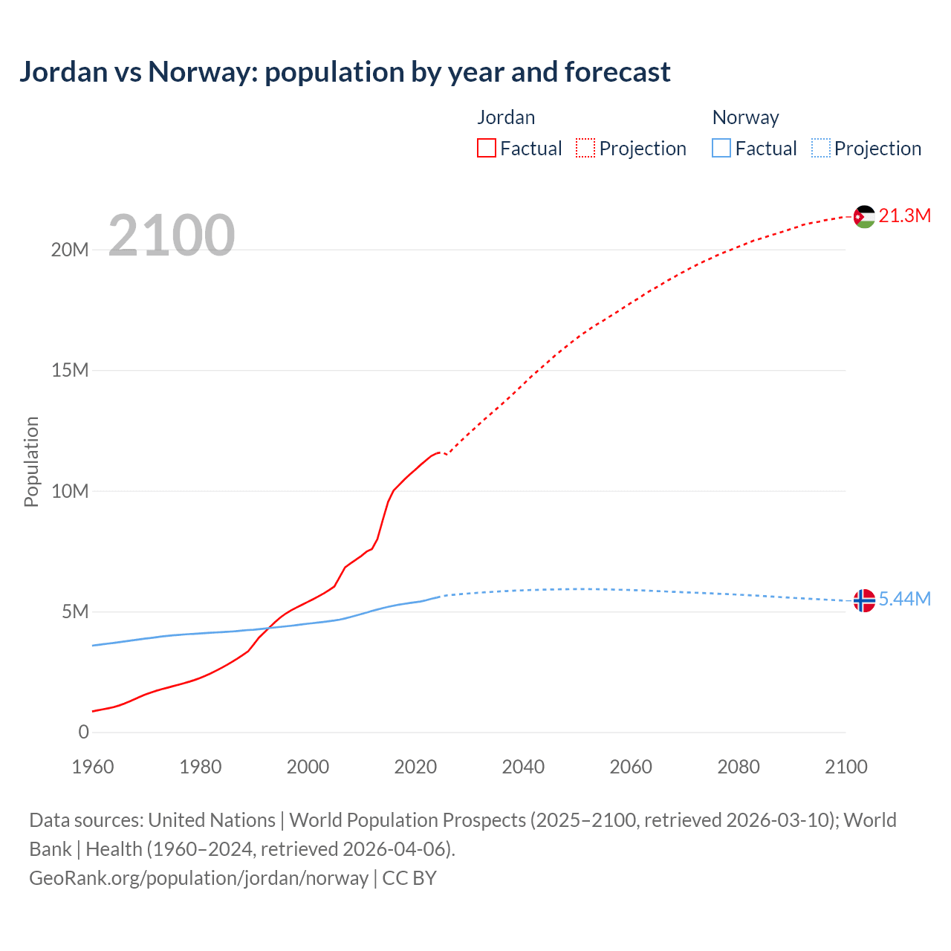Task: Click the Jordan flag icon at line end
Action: pos(864,216)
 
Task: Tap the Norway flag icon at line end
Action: pos(864,600)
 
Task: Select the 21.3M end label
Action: pos(904,216)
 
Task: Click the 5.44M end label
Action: pos(904,600)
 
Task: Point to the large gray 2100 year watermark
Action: pos(172,236)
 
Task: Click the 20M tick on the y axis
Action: pos(70,250)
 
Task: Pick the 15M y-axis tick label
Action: pos(70,370)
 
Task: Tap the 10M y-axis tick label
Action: pos(70,491)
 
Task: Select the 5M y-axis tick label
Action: pos(75,612)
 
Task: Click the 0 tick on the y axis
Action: pos(83,733)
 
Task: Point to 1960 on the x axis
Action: pos(93,767)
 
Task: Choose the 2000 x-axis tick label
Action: pos(308,767)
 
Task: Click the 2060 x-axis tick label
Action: pos(631,767)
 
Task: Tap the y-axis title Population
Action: pos(31,461)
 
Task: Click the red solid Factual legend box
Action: pos(487,149)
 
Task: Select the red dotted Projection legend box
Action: pos(585,149)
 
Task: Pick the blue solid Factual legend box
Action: pos(721,149)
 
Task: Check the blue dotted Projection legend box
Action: pos(820,149)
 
